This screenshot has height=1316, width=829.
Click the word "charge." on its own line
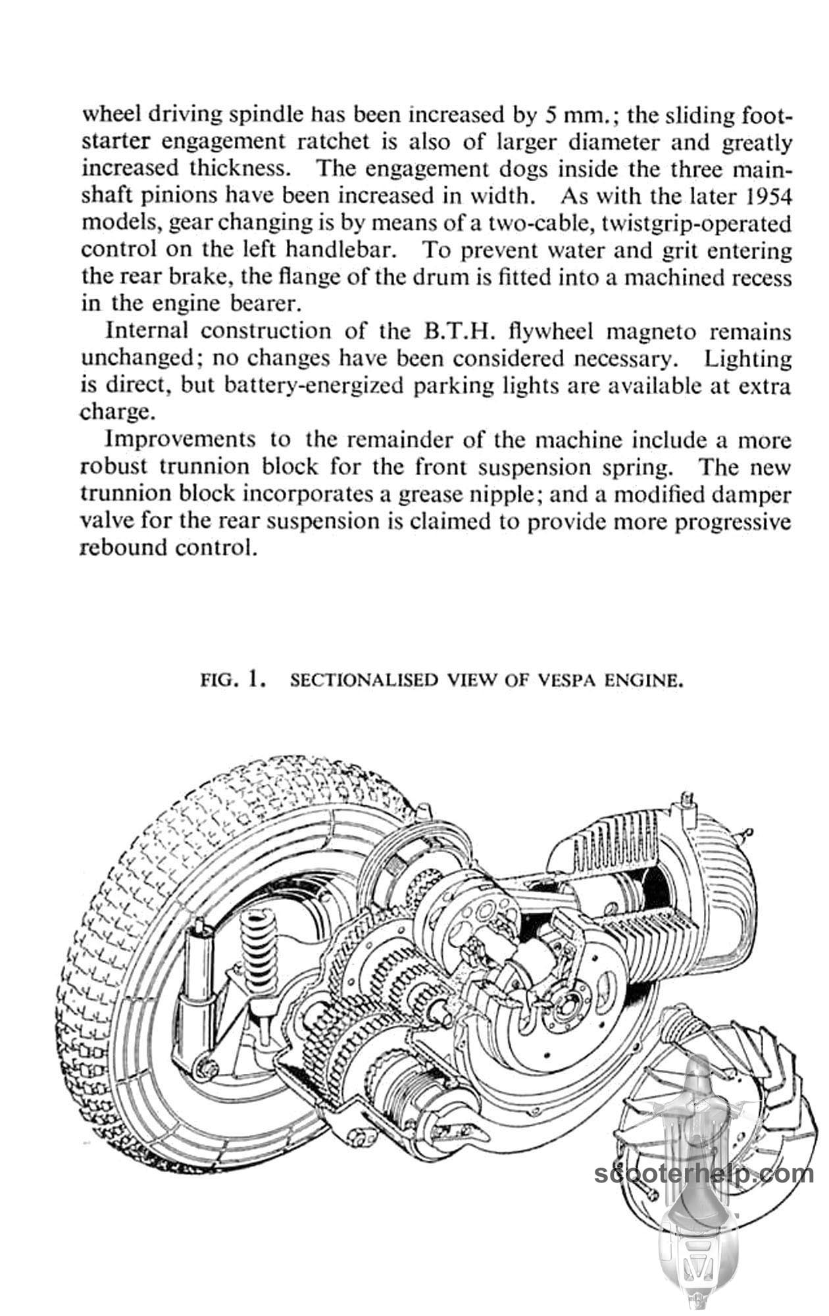pyautogui.click(x=117, y=413)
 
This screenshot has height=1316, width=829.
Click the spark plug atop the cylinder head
pyautogui.click(x=688, y=803)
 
